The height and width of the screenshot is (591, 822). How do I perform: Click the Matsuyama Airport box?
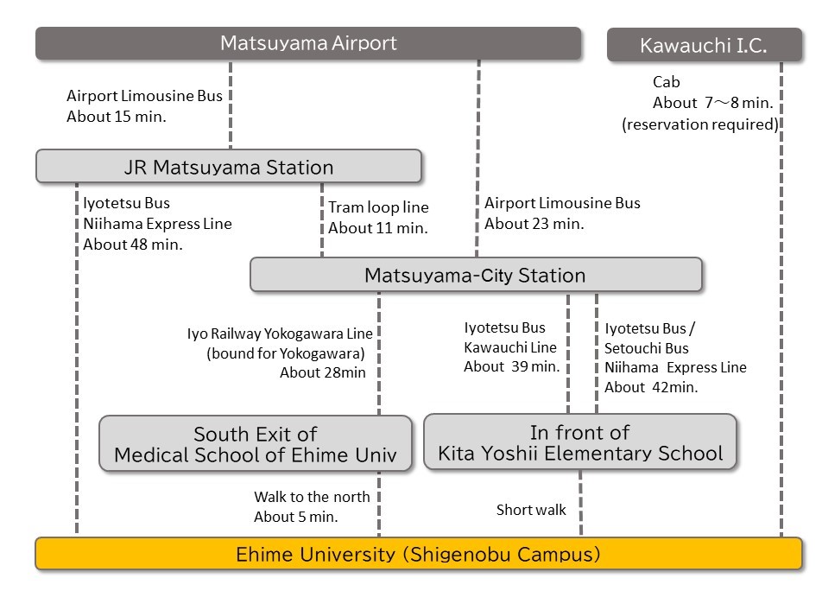pos(308,43)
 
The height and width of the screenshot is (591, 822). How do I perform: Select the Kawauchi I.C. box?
pos(704,46)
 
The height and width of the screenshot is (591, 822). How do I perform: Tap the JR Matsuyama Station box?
pos(229,167)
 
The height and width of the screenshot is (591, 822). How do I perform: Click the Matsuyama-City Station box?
pos(476,276)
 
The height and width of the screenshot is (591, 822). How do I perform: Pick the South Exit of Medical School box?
pos(256,444)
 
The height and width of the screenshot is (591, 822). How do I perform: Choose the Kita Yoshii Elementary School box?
pos(580,442)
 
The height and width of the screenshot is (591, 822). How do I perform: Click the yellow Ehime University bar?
pos(418,554)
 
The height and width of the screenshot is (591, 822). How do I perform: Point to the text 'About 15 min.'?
pos(116,117)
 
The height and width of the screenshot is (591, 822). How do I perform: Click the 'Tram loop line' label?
pos(378,207)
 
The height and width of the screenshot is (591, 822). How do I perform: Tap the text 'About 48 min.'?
pos(133,245)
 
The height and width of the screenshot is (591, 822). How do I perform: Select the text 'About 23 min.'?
pos(534,224)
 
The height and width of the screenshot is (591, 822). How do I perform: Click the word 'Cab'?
pos(667,82)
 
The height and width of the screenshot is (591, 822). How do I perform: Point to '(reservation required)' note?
pos(700,124)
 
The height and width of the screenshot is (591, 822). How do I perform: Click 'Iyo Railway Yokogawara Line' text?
pos(286,333)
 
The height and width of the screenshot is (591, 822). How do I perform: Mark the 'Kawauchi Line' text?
pos(510,347)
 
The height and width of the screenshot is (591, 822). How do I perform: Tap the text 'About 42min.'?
pos(651,387)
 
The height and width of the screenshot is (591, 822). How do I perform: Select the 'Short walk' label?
pos(531,510)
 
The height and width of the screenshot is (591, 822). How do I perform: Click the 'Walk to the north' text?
pos(312,497)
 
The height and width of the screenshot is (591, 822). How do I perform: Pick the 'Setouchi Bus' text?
pos(647,348)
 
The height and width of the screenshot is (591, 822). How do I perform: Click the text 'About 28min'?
pos(323,373)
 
